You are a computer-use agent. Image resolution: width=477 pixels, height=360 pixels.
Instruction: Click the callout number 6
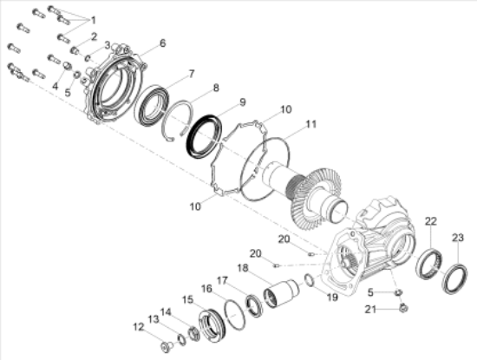pos(163,43)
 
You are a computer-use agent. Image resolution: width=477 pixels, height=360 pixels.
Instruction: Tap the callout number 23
pos(458,238)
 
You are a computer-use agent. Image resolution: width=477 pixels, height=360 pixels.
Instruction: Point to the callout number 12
pos(139,327)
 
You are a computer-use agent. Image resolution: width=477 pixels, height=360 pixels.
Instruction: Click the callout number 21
pos(371,310)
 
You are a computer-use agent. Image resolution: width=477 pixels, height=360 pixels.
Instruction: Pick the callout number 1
pos(93,21)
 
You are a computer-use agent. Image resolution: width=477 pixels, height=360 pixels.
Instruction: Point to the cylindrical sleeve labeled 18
pos(281,293)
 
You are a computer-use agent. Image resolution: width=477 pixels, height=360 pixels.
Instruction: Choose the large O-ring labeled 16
pos(234,315)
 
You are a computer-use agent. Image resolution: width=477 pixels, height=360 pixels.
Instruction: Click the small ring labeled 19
pos(310,280)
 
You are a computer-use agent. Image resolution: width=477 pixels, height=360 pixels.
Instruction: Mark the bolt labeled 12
pos(167,347)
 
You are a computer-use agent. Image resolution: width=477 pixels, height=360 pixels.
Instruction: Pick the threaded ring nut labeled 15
pos(212,326)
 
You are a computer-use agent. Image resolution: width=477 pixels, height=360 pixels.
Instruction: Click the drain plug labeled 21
pos(403,308)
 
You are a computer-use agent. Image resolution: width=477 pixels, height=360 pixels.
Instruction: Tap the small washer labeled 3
pos(88,57)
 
